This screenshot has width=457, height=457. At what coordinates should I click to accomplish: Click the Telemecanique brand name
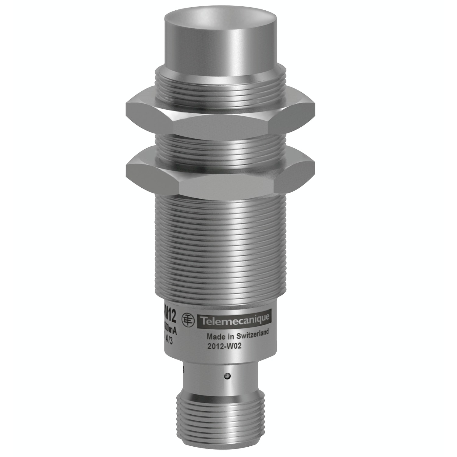tap(235, 319)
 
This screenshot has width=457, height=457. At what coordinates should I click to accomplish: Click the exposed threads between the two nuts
tap(219, 145)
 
